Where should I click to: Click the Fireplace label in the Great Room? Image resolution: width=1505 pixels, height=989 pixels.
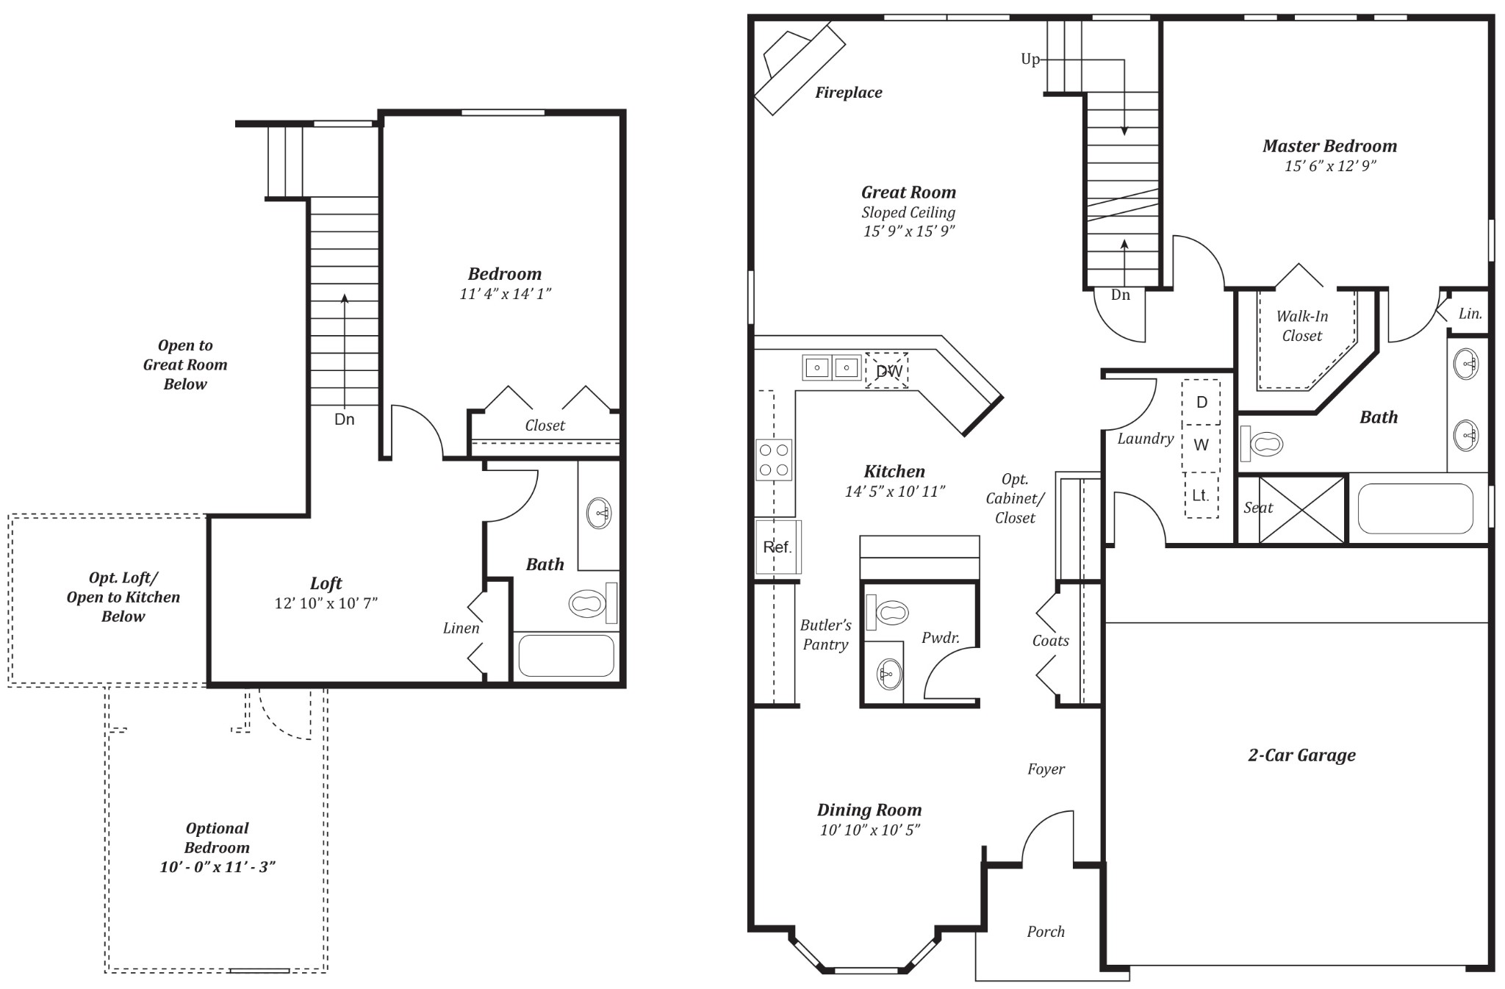click(848, 93)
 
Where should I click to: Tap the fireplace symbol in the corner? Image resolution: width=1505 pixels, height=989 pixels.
click(799, 68)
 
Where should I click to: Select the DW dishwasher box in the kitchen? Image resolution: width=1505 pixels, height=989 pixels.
click(888, 371)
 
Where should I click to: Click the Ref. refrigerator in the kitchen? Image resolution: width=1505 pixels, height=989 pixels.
click(777, 547)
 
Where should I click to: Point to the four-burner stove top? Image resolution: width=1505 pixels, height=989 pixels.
click(774, 460)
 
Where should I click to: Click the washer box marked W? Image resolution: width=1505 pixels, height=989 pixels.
click(1201, 445)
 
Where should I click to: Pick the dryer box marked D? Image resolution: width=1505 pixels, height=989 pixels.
click(1202, 403)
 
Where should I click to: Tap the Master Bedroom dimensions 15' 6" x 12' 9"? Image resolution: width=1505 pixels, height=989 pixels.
click(1329, 166)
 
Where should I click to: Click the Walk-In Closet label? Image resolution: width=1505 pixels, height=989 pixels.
click(1301, 326)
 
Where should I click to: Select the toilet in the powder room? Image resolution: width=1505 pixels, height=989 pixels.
click(890, 612)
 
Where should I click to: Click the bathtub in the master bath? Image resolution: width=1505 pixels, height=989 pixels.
click(1415, 508)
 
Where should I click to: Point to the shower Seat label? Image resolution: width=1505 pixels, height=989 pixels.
click(1257, 508)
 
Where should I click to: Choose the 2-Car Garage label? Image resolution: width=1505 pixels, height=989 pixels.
click(1301, 755)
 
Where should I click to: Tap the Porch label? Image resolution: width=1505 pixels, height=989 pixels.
click(1045, 932)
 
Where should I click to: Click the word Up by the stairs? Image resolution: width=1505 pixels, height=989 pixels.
click(1030, 60)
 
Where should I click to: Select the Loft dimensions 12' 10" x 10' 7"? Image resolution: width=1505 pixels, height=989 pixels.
click(326, 603)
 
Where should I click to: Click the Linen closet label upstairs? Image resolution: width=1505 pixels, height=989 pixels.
click(461, 628)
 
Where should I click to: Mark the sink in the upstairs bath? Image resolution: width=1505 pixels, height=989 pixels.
click(599, 513)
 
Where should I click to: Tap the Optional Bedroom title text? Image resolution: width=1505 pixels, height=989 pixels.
click(217, 838)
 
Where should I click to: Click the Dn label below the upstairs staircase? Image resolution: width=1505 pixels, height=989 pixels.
click(344, 420)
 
